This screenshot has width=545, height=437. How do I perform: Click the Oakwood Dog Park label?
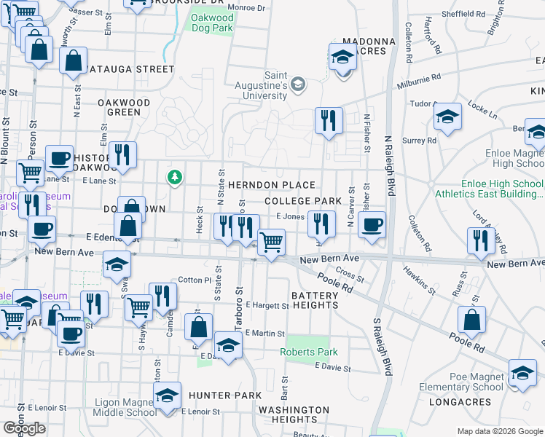point(213,23)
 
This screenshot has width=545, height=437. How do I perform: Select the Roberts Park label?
point(310,353)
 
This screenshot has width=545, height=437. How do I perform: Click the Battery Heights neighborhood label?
point(315,300)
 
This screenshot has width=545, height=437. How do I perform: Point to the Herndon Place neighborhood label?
point(271,186)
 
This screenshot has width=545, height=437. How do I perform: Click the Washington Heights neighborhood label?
point(294,414)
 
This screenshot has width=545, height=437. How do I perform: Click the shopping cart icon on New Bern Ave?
point(271,242)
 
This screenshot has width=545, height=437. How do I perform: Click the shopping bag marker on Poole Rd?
point(472,318)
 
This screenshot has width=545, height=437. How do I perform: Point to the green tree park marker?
point(174,176)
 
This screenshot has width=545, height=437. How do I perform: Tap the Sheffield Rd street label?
point(464,14)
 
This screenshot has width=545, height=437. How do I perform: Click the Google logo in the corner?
point(25,428)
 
